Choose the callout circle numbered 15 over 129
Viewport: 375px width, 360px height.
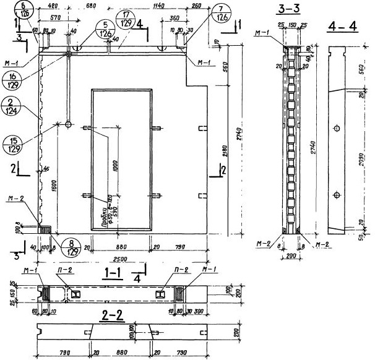(x=11, y=144)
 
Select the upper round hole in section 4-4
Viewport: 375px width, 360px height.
(x=336, y=128)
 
